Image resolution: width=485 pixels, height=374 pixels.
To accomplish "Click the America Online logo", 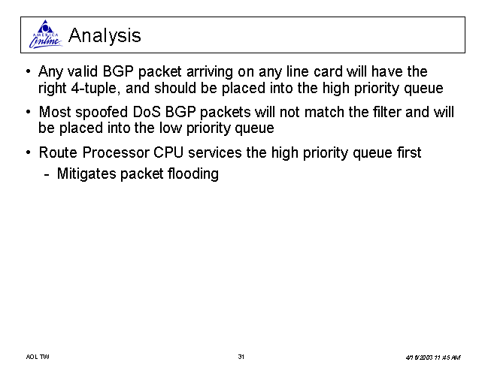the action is point(46,35).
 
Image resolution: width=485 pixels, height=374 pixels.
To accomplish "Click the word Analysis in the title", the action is point(105,35).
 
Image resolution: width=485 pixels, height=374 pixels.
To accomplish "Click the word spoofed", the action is point(102,113).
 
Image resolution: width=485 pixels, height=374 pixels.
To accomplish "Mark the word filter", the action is point(387,112).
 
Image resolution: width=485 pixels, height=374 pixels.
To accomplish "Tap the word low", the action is point(170,128).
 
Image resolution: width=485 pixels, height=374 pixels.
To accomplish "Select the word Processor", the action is point(115,152).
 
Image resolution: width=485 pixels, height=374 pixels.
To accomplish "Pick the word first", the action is point(409,152).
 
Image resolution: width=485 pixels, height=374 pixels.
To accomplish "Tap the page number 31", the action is point(241,357).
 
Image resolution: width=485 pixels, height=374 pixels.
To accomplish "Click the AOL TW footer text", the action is point(38,357).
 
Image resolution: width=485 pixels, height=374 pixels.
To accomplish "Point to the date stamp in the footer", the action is point(433,357).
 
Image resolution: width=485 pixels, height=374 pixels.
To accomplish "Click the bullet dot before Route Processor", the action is point(29,152).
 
